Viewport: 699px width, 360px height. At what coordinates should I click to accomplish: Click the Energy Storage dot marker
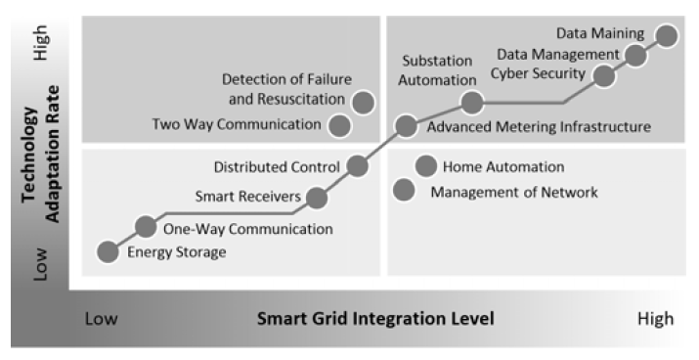click(109, 251)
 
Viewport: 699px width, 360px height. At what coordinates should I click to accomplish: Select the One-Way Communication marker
click(146, 227)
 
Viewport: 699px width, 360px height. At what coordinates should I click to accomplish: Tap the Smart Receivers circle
click(317, 198)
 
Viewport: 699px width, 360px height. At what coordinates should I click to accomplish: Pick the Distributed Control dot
click(357, 165)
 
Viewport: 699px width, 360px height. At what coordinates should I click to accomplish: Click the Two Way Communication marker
click(339, 124)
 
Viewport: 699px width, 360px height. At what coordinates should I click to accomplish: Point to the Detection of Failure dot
click(364, 100)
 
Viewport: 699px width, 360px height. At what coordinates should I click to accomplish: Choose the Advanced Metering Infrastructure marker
click(406, 124)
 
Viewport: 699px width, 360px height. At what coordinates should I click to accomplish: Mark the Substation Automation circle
click(471, 101)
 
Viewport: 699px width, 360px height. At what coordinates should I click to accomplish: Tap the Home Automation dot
click(425, 166)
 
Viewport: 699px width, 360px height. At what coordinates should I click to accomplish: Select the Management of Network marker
click(404, 189)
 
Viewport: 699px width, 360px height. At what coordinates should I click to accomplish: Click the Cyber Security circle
click(604, 75)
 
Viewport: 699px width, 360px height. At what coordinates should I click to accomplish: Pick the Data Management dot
click(635, 55)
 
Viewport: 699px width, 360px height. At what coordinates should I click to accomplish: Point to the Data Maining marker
click(668, 35)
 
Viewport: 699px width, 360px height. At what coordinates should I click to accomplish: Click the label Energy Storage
click(177, 252)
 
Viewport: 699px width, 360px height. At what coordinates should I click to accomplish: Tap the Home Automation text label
click(502, 167)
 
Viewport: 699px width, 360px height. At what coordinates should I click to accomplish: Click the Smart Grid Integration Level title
click(374, 318)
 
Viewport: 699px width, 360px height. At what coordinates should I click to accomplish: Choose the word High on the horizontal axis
click(655, 318)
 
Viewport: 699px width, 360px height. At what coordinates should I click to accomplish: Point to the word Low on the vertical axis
click(41, 262)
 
